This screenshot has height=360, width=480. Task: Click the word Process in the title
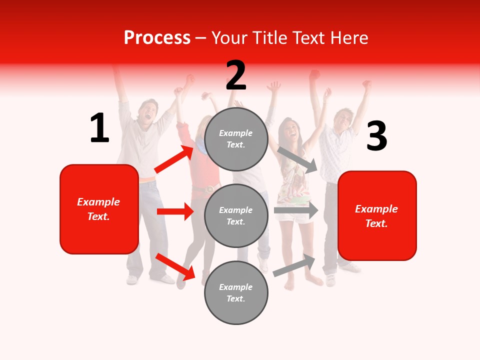click(157, 37)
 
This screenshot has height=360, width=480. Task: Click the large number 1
click(99, 128)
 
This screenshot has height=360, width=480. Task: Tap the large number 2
click(236, 75)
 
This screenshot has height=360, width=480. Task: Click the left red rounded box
click(99, 209)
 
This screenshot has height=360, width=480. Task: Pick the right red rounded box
click(377, 215)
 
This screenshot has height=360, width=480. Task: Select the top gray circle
click(236, 139)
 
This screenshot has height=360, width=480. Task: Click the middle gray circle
click(236, 215)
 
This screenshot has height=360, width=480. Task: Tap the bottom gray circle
click(236, 292)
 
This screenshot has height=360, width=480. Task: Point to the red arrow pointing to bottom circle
click(175, 267)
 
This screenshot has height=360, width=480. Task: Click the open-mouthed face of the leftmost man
click(147, 112)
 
